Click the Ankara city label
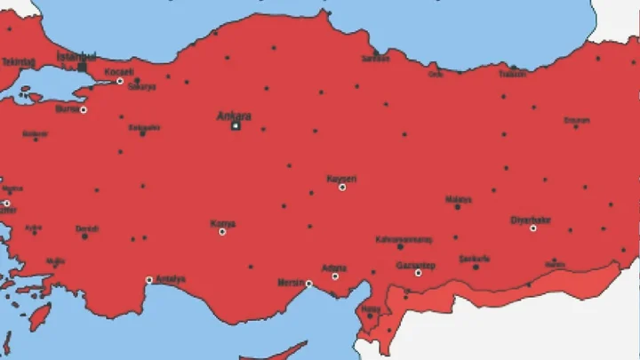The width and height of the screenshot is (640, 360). pyautogui.click(x=235, y=116)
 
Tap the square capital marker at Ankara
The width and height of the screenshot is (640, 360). pyautogui.click(x=236, y=126)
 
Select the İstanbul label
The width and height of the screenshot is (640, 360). pyautogui.click(x=76, y=56)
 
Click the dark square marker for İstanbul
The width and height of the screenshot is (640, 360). pyautogui.click(x=83, y=67)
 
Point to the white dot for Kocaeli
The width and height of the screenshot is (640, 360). pyautogui.click(x=120, y=81)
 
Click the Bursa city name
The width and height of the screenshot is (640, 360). pyautogui.click(x=67, y=108)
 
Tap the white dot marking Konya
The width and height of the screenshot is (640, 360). pyautogui.click(x=222, y=232)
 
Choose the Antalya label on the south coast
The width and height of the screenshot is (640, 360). pyautogui.click(x=170, y=279)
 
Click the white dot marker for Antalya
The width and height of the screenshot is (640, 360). pyautogui.click(x=149, y=280)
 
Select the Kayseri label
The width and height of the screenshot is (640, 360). pyautogui.click(x=341, y=179)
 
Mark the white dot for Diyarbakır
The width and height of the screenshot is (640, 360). pyautogui.click(x=533, y=228)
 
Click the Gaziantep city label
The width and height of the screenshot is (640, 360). pyautogui.click(x=414, y=265)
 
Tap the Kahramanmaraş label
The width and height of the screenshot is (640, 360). pyautogui.click(x=403, y=239)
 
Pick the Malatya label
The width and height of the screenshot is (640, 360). pyautogui.click(x=458, y=199)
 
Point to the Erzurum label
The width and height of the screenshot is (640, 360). pyautogui.click(x=576, y=120)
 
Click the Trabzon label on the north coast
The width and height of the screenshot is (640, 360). pyautogui.click(x=512, y=75)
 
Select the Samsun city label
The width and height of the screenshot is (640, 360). pyautogui.click(x=375, y=60)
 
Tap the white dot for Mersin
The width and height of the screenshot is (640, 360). pyautogui.click(x=308, y=284)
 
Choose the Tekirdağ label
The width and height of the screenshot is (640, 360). pyautogui.click(x=18, y=61)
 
